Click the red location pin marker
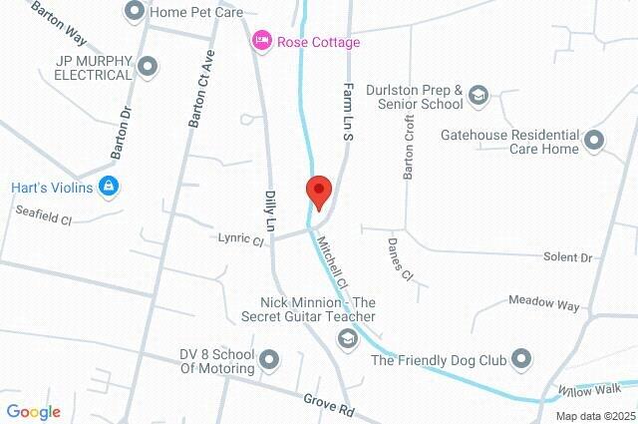318,190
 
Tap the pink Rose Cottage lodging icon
262,41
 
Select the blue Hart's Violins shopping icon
110,187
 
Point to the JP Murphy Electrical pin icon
148,67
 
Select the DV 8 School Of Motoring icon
269,359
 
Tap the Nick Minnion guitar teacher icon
347,339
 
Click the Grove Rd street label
329,404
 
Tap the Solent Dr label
569,257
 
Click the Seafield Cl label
44,212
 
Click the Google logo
34,412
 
